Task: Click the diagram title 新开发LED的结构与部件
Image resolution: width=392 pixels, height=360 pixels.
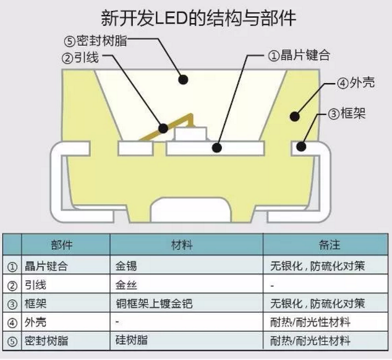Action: (198, 18)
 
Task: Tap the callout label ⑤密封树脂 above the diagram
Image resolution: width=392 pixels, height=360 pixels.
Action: (95, 41)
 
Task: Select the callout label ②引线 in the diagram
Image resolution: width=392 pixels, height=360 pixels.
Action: (80, 58)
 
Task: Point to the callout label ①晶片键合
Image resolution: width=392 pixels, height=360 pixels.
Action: (299, 55)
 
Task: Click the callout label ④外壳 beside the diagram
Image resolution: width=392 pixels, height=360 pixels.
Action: (356, 82)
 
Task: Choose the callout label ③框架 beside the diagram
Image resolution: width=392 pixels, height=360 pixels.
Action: (346, 114)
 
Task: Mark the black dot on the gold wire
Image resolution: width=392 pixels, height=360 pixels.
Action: (163, 128)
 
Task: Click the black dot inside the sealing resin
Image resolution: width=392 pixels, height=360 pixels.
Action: (183, 80)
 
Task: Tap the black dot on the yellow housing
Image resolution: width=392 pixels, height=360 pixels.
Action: (295, 116)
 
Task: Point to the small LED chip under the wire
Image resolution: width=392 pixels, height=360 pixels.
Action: (191, 134)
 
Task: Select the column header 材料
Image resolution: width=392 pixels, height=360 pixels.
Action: (182, 245)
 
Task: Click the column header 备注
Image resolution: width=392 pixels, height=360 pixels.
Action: (330, 245)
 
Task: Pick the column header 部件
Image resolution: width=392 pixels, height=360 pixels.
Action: (61, 245)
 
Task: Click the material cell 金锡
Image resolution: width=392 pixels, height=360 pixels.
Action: (126, 266)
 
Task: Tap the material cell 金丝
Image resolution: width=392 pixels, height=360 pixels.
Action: (126, 285)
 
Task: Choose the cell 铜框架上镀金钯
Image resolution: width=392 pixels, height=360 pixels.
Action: (154, 304)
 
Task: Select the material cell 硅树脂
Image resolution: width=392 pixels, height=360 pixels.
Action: (132, 340)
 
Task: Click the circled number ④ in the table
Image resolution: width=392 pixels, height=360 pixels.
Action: (12, 323)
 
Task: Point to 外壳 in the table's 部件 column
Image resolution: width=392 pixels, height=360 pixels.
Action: (35, 322)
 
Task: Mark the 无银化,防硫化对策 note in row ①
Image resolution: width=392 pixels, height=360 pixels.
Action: (318, 266)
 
